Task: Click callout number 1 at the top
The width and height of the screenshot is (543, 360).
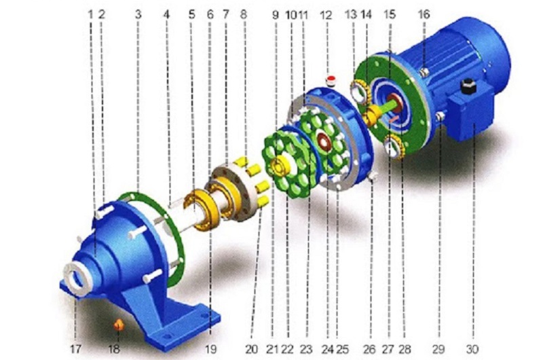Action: tap(90, 14)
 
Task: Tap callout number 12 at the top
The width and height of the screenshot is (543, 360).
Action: tap(326, 15)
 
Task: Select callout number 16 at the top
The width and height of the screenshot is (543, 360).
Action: tap(424, 14)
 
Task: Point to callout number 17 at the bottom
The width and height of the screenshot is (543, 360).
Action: tap(75, 349)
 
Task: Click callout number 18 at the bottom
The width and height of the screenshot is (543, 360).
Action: tap(114, 349)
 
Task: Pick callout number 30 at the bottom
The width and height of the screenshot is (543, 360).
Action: tap(472, 349)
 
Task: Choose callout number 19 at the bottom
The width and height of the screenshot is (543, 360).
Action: tap(210, 349)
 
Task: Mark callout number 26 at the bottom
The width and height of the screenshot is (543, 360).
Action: tap(369, 349)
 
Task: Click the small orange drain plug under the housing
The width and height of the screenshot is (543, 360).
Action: tap(119, 325)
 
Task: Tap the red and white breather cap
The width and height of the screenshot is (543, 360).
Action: tap(331, 80)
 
